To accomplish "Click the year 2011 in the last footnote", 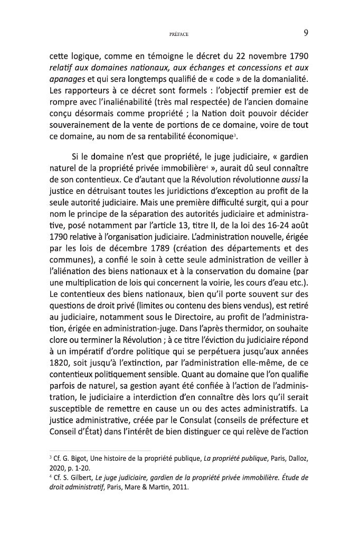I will click(x=179, y=488).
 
